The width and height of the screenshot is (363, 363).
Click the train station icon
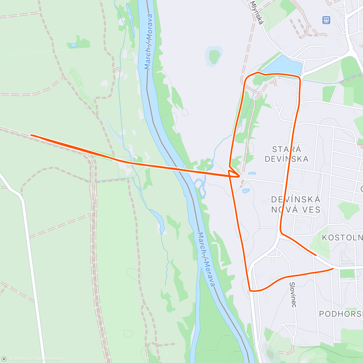click(x=326, y=20)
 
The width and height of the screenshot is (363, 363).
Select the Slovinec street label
click(x=293, y=295)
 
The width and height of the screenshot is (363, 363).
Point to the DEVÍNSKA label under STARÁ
click(x=286, y=159)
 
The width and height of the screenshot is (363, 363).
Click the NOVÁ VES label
click(x=296, y=210)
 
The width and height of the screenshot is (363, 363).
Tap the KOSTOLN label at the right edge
click(x=342, y=237)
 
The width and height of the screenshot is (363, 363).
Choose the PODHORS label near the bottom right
click(x=341, y=314)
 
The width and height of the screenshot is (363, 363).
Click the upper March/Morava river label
click(x=148, y=42)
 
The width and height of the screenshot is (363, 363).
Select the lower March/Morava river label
click(x=207, y=260)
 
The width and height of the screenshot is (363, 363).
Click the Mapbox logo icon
click(x=4, y=359)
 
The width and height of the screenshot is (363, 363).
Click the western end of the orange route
click(x=31, y=135)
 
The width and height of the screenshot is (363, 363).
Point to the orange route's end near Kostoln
click(x=316, y=255)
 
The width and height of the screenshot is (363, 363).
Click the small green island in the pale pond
click(x=214, y=56)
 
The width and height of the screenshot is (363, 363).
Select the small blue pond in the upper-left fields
click(x=74, y=45)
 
